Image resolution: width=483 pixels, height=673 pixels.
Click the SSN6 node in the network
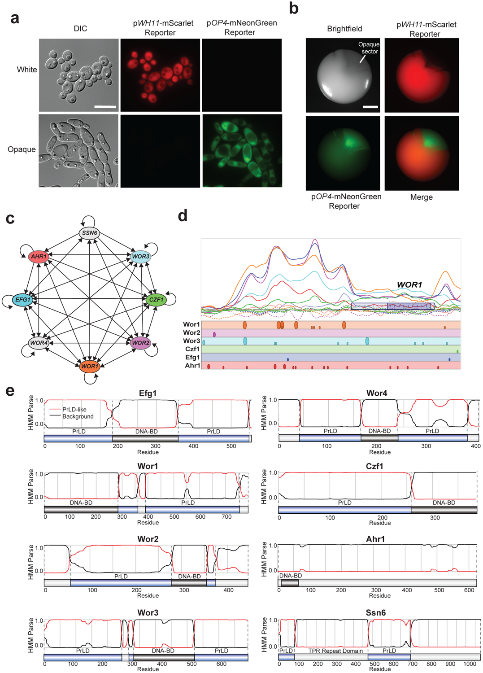click(x=90, y=233)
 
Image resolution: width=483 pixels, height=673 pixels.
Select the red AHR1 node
click(x=39, y=257)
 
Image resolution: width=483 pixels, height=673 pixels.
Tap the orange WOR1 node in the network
click(x=90, y=366)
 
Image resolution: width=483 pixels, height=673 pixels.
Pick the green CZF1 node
click(x=156, y=300)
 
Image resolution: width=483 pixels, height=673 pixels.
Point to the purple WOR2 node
click(x=140, y=343)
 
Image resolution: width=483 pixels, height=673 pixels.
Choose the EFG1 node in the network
click(x=23, y=300)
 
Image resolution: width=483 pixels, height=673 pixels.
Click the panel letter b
click(x=293, y=9)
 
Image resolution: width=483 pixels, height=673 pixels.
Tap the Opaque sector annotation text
click(x=369, y=48)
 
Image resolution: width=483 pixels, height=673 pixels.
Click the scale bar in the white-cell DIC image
click(x=105, y=107)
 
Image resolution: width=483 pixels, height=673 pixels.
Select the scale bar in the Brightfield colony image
click(x=370, y=107)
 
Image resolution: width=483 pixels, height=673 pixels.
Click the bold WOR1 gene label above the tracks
click(x=409, y=284)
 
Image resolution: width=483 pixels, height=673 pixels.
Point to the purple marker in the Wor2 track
click(x=214, y=334)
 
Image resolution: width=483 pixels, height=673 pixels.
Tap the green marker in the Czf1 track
click(x=457, y=351)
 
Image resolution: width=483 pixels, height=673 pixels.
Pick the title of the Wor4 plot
click(x=377, y=393)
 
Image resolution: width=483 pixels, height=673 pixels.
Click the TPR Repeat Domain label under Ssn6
click(x=335, y=651)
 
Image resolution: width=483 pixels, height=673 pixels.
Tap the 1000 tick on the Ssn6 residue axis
click(x=470, y=664)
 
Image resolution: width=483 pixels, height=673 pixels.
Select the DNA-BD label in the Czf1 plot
click(x=444, y=503)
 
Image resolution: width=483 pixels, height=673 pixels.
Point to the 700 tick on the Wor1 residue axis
click(x=226, y=516)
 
